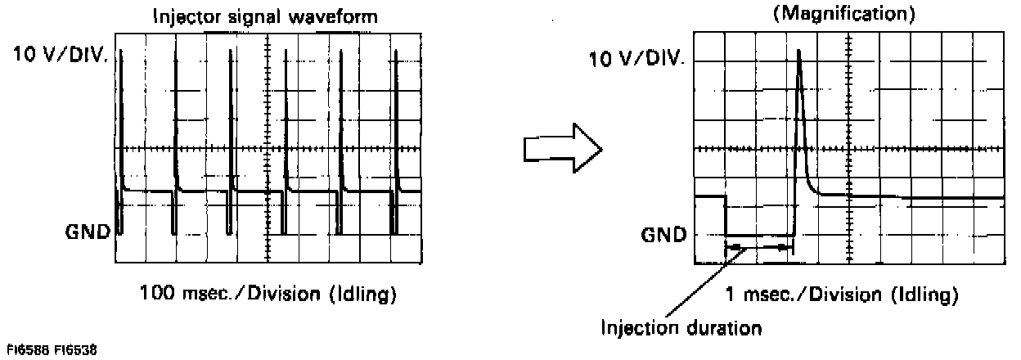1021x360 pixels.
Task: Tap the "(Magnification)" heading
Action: [848, 16]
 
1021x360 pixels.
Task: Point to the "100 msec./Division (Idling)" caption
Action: [268, 292]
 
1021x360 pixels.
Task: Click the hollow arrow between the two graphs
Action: [563, 148]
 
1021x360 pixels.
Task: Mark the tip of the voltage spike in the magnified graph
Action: [798, 51]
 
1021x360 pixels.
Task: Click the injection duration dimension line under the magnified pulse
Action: [759, 246]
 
